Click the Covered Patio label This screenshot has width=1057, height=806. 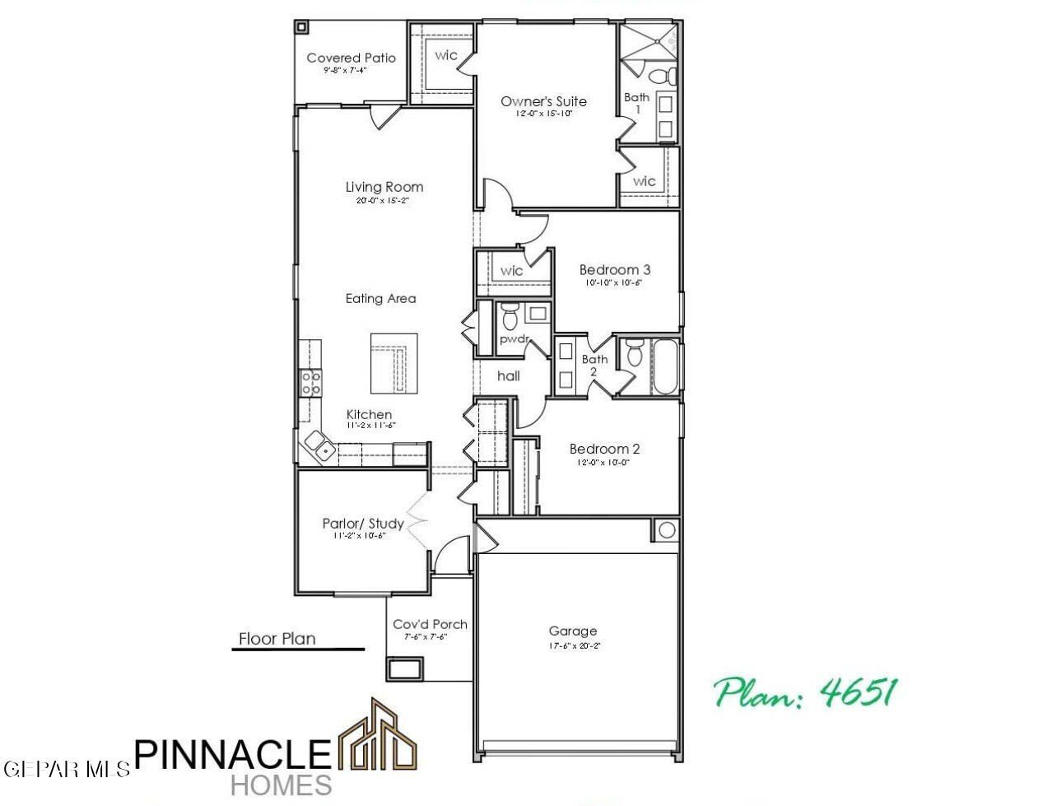[351, 58]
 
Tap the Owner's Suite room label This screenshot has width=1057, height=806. [543, 101]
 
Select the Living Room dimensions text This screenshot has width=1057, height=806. [384, 200]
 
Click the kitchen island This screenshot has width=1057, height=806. [393, 363]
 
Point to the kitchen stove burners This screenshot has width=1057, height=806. [310, 382]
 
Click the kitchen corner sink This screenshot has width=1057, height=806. [319, 445]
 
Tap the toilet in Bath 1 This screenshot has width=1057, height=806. [663, 77]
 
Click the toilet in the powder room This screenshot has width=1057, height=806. [509, 315]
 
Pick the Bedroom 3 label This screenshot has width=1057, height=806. [615, 269]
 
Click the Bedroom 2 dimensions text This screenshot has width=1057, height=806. [604, 463]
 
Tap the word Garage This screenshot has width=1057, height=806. [573, 631]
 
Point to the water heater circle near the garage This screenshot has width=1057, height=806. [667, 529]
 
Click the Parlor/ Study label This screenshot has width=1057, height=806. [363, 524]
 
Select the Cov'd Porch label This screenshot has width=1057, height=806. [430, 624]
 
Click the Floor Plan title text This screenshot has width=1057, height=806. [277, 638]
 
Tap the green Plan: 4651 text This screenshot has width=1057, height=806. [804, 693]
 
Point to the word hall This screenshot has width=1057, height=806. [509, 375]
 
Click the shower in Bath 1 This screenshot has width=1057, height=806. [648, 41]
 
